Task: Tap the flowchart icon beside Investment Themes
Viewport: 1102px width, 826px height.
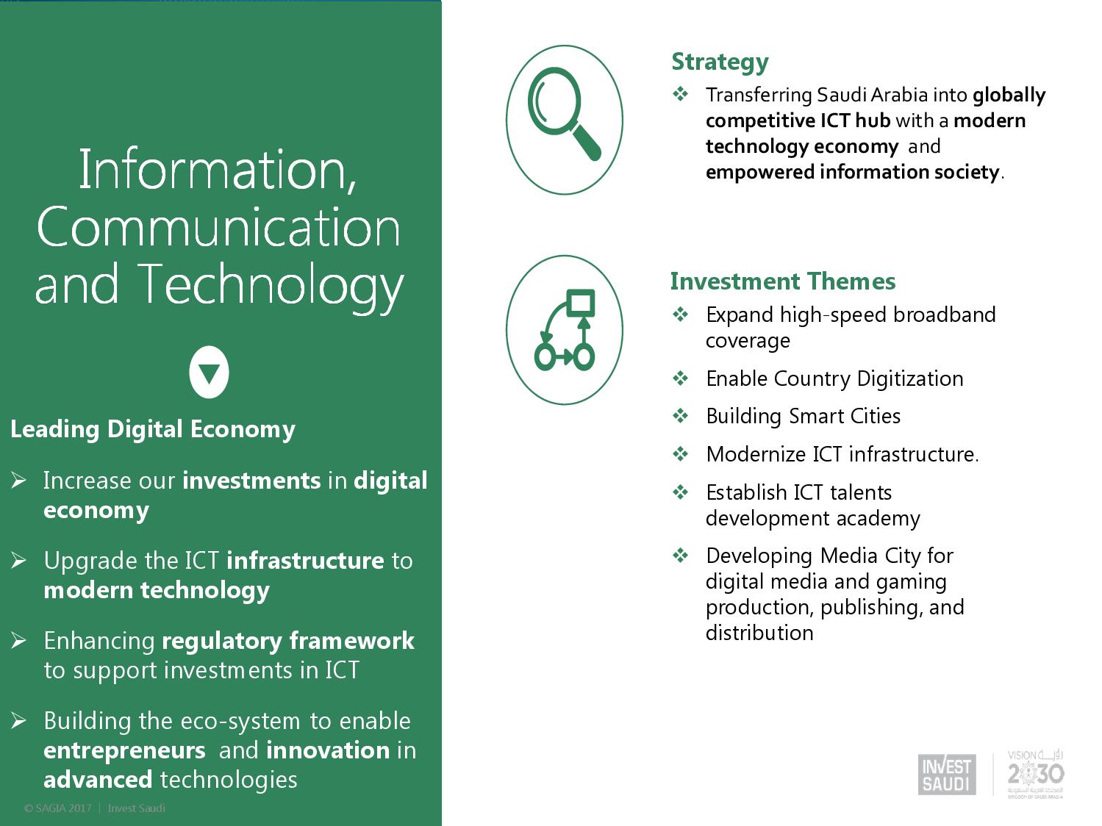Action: click(x=564, y=330)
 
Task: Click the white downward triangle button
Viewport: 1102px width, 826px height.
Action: click(x=209, y=372)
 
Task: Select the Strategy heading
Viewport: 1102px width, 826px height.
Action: click(x=720, y=62)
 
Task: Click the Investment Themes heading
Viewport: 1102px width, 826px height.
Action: click(x=783, y=281)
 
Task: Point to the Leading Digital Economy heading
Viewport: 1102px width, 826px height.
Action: click(x=153, y=430)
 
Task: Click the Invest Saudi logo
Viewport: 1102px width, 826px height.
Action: click(x=947, y=775)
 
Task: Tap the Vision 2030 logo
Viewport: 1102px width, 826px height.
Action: click(x=1035, y=775)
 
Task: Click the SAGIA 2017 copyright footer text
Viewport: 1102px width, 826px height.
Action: click(x=94, y=808)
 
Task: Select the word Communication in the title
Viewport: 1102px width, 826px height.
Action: click(x=218, y=227)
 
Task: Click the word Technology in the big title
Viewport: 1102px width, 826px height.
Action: click(x=270, y=285)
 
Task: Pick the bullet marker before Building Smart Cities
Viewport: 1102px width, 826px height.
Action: click(x=680, y=415)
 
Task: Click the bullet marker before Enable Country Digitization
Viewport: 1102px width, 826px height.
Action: click(x=680, y=378)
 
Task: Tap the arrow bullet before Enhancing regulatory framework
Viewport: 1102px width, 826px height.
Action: click(x=18, y=640)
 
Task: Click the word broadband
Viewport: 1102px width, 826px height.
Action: click(x=945, y=315)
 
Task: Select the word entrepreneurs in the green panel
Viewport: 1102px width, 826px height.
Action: click(x=124, y=751)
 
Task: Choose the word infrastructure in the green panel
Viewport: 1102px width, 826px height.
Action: click(x=305, y=561)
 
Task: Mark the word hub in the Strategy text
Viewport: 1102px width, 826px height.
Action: click(x=873, y=121)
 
